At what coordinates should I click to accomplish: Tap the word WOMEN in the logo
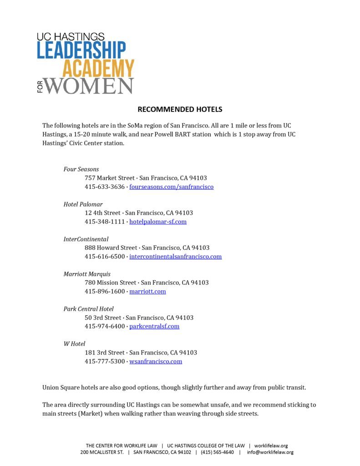(x=89, y=86)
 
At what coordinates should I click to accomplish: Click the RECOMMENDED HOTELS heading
(x=180, y=109)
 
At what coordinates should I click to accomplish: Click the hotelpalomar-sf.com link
(x=158, y=222)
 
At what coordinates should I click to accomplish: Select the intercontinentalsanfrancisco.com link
(x=175, y=256)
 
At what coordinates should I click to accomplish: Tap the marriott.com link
(x=147, y=291)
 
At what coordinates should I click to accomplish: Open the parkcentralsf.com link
(x=154, y=326)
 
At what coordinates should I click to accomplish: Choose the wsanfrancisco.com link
(x=156, y=361)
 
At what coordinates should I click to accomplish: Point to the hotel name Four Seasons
(x=81, y=169)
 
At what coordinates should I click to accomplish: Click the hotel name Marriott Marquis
(x=87, y=274)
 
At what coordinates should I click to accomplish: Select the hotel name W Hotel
(x=74, y=344)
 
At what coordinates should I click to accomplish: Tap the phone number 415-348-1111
(x=104, y=222)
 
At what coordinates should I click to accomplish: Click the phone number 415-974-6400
(x=104, y=326)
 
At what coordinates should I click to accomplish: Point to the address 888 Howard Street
(x=111, y=248)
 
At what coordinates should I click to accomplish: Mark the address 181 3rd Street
(x=105, y=352)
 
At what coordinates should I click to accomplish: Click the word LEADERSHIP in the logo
(x=81, y=51)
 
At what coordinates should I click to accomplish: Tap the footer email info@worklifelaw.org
(x=270, y=452)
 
